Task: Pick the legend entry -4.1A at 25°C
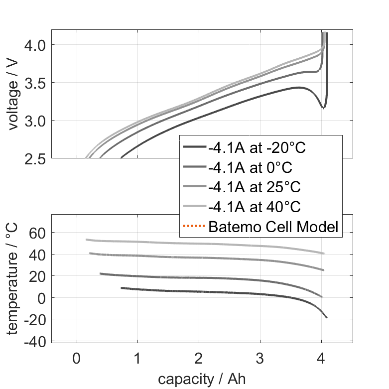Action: click(255, 187)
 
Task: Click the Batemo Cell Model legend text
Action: click(273, 227)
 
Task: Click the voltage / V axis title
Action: click(14, 95)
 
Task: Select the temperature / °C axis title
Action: click(14, 279)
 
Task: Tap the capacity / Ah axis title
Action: click(202, 379)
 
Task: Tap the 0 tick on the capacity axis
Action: click(77, 359)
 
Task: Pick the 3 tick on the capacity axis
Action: click(260, 359)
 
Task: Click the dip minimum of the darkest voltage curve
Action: click(324, 108)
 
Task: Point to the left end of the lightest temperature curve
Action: click(87, 240)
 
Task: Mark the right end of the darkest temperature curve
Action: click(327, 317)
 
